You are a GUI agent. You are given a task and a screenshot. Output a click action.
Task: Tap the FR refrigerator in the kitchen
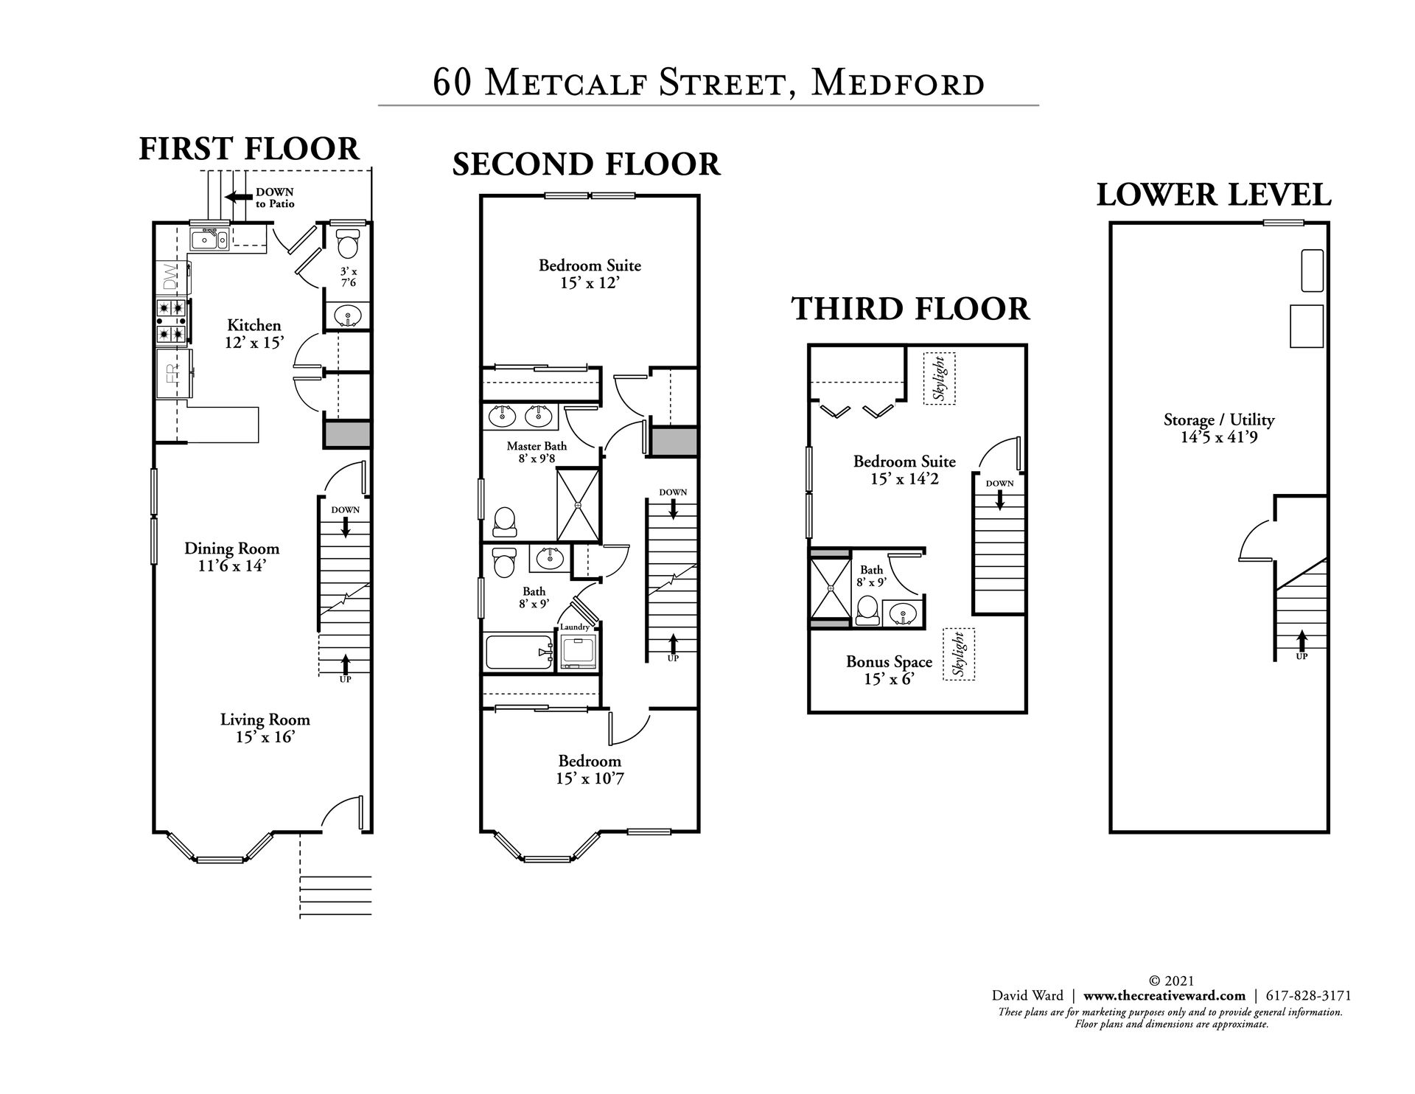pos(174,373)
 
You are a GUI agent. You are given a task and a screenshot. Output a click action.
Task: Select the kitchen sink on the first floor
pos(209,239)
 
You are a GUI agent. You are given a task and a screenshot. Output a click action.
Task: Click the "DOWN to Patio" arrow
pos(239,197)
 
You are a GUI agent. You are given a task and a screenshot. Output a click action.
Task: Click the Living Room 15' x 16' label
pos(265,728)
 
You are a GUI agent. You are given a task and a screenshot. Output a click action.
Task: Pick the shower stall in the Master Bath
pos(578,505)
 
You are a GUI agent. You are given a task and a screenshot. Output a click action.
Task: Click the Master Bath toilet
pos(504,522)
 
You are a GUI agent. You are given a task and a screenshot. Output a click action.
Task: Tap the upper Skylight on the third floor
pos(939,377)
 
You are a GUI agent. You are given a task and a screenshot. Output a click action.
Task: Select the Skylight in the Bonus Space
pos(959,654)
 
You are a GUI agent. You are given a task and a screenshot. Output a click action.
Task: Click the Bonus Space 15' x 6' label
pos(889,670)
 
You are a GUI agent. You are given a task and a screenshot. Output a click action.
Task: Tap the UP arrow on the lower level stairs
pos(1302,639)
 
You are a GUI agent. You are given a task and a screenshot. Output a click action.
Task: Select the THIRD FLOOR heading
pos(911,308)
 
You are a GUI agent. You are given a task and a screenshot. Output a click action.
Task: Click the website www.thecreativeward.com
pos(1164,995)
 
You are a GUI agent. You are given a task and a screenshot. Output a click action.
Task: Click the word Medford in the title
pos(897,83)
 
